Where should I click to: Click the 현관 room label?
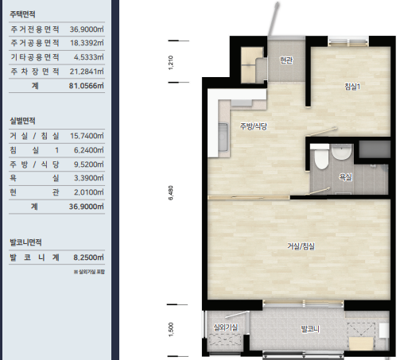286,60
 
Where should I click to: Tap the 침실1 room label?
352,87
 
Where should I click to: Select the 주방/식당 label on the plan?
254,126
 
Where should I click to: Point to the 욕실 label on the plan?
346,177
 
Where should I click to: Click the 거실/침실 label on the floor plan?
301,246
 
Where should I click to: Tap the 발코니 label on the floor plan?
310,329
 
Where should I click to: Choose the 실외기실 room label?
226,327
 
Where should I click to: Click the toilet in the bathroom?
320,158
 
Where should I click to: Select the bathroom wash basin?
341,153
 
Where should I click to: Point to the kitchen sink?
223,137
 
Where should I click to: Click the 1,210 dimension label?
171,63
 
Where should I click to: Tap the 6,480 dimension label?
171,193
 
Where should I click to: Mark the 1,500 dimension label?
171,330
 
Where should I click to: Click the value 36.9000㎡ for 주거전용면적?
87,29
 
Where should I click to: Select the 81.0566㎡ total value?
87,86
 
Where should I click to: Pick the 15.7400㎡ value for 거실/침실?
87,136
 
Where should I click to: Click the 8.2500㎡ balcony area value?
88,257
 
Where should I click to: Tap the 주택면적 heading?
22,14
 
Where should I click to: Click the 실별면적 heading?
22,121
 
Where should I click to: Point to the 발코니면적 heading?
25,242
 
